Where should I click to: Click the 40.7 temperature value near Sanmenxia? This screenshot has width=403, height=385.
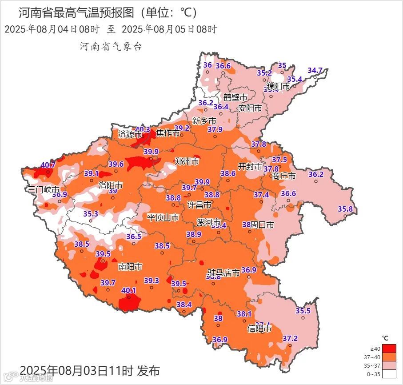point(48,165)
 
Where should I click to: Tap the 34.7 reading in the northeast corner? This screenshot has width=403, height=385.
point(315,70)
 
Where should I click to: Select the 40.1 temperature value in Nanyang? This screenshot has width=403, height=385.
point(129,290)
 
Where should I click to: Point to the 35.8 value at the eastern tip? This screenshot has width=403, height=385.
point(345,209)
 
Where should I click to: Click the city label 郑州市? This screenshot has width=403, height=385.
point(187,161)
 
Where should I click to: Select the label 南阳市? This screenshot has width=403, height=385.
point(130,267)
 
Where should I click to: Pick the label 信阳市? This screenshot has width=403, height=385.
point(259,329)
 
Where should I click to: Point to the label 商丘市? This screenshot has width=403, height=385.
point(284,176)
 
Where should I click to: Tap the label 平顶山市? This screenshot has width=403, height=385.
point(163,217)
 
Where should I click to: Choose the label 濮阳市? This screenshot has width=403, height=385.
point(278,86)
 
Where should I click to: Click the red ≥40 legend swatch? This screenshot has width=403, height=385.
point(389,348)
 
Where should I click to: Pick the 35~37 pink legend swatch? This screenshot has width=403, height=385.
point(389,365)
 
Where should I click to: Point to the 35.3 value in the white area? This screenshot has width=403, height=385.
point(91,214)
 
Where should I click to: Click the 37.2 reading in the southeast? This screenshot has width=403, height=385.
point(290,338)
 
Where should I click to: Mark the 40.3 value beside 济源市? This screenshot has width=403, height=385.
point(143,129)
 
